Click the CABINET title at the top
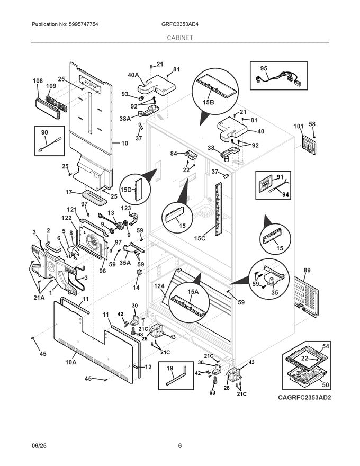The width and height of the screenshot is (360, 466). (179, 38)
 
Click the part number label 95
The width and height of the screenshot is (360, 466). (264, 69)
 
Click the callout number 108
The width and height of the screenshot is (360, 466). (38, 81)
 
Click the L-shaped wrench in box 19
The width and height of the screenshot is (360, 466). (177, 377)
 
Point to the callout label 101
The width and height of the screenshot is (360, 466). (299, 126)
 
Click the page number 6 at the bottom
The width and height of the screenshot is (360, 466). (179, 446)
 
